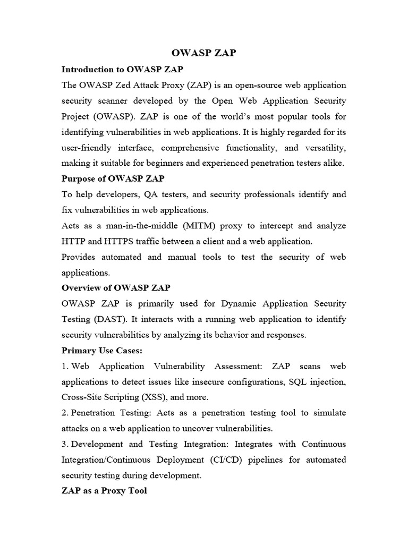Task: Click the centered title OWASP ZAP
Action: (x=204, y=53)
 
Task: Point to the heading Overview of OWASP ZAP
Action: (x=116, y=288)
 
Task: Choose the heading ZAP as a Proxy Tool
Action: (x=104, y=491)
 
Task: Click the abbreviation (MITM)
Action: (x=201, y=226)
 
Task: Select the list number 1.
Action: (x=65, y=367)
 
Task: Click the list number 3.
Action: (x=65, y=444)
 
